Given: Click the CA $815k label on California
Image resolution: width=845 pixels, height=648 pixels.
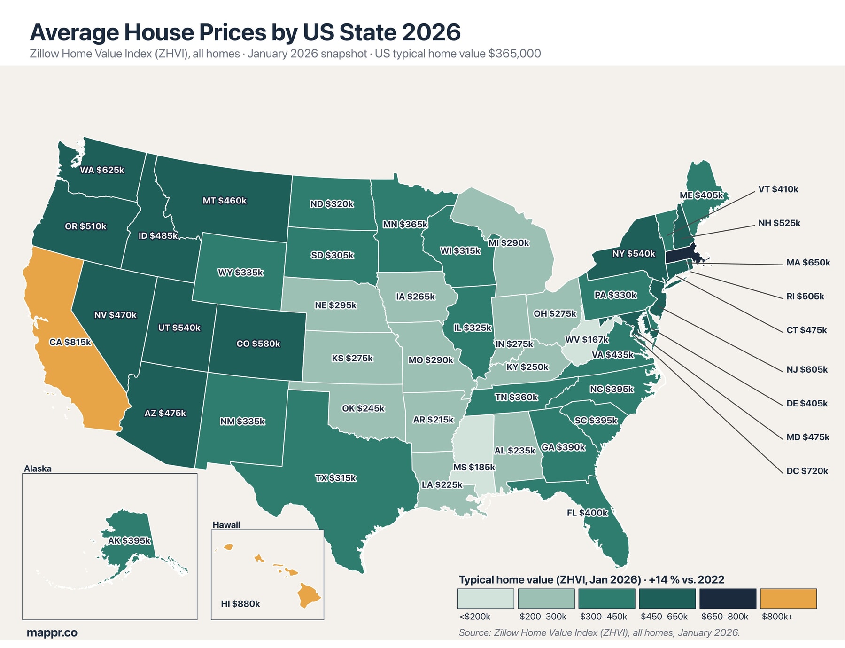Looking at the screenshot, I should pyautogui.click(x=70, y=342).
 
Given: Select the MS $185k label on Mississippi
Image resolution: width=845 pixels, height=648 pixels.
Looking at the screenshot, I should pyautogui.click(x=474, y=467).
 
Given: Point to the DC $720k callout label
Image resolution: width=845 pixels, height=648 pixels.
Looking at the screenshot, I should pyautogui.click(x=807, y=471).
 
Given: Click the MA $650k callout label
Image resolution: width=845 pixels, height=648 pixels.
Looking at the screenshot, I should pyautogui.click(x=808, y=263).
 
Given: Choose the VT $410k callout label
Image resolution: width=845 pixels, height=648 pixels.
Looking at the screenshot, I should pyautogui.click(x=778, y=189).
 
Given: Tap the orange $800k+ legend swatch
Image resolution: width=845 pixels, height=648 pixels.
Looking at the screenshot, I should pyautogui.click(x=788, y=599).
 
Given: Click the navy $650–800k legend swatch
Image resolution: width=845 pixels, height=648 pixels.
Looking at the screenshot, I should pyautogui.click(x=728, y=599).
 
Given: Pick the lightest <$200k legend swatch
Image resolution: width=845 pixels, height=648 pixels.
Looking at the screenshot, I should pyautogui.click(x=486, y=599).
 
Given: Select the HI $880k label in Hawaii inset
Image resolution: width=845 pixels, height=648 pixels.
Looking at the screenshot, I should pyautogui.click(x=240, y=604).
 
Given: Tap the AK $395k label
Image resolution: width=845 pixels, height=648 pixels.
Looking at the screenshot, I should pyautogui.click(x=129, y=541).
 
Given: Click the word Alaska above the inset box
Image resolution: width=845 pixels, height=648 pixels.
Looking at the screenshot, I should pyautogui.click(x=38, y=468).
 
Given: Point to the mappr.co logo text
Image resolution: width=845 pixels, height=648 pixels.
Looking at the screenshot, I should pyautogui.click(x=52, y=632).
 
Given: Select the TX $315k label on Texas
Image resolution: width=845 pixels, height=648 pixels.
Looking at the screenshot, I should pyautogui.click(x=335, y=478).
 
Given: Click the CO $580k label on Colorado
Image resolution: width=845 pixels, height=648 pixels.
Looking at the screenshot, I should pyautogui.click(x=258, y=344).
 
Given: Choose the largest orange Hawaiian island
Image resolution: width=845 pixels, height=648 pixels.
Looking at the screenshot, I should pyautogui.click(x=310, y=595).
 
